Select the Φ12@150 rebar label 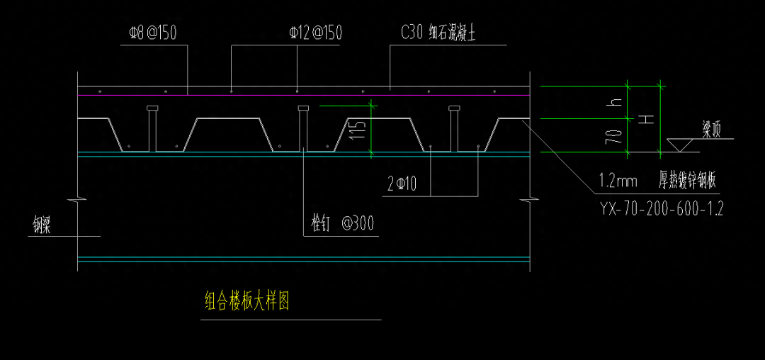[x=315, y=33]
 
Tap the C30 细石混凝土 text [x=442, y=33]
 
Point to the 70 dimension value [x=616, y=135]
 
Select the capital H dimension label [x=645, y=118]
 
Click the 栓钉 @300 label [x=343, y=225]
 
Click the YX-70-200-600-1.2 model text [x=661, y=209]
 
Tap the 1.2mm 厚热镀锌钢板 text [x=657, y=181]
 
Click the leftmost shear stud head [x=151, y=108]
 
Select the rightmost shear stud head [x=454, y=108]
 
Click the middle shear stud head [x=304, y=108]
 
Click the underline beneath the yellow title [x=290, y=320]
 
